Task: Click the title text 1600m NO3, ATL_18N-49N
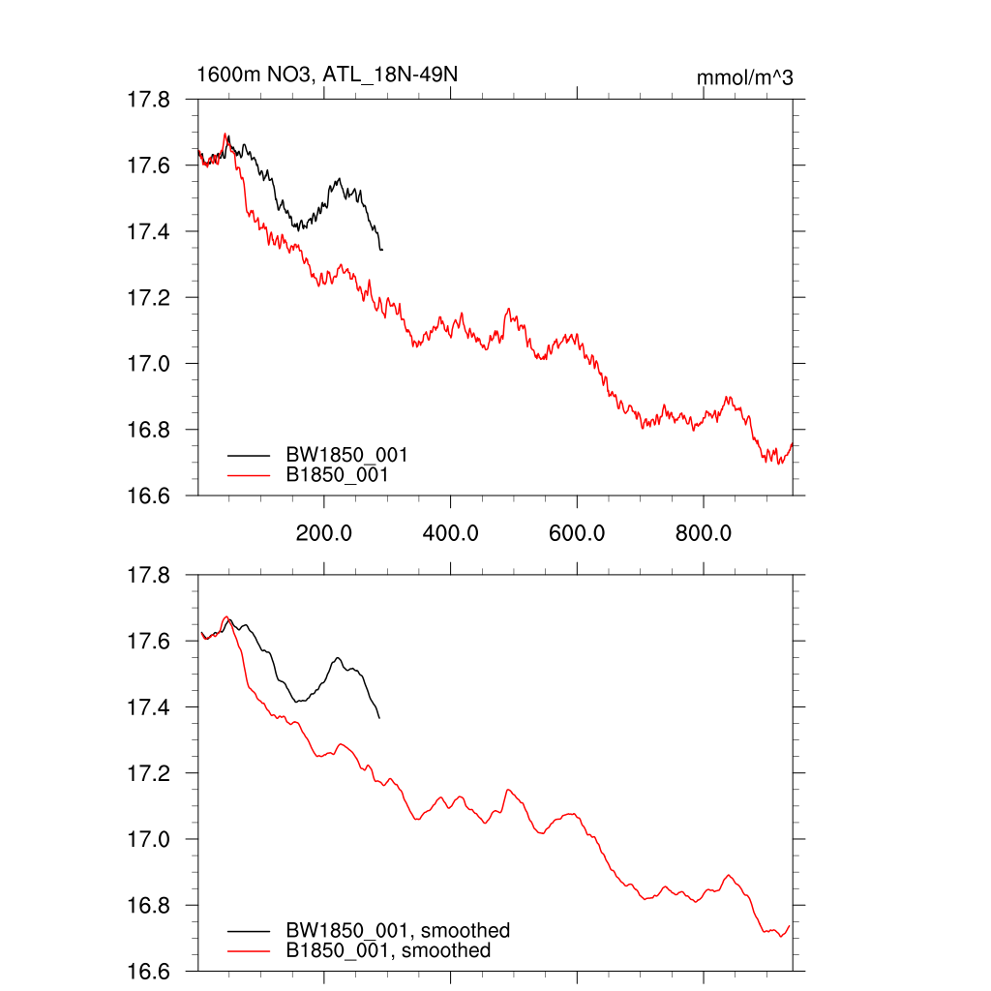tap(320, 75)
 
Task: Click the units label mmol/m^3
tap(744, 77)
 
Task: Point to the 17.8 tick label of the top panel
tap(150, 100)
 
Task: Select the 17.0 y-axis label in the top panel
tap(150, 364)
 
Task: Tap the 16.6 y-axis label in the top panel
tap(150, 495)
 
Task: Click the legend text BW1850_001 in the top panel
tap(345, 454)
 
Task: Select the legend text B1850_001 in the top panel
tap(338, 475)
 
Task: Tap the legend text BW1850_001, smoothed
tap(397, 930)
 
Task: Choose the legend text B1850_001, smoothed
tap(388, 950)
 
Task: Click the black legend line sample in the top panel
tap(247, 454)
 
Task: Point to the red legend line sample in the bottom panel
tap(247, 951)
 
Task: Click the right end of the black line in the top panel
tap(382, 251)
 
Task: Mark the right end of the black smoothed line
tap(379, 718)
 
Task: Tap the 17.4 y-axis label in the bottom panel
tap(150, 707)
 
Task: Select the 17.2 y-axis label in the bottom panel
tap(150, 774)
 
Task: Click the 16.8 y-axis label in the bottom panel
tap(150, 906)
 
